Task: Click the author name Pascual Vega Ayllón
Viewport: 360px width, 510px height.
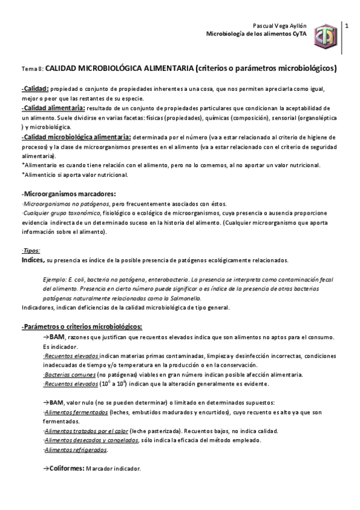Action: coord(280,26)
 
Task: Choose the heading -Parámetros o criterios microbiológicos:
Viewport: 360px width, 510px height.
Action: coord(81,327)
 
